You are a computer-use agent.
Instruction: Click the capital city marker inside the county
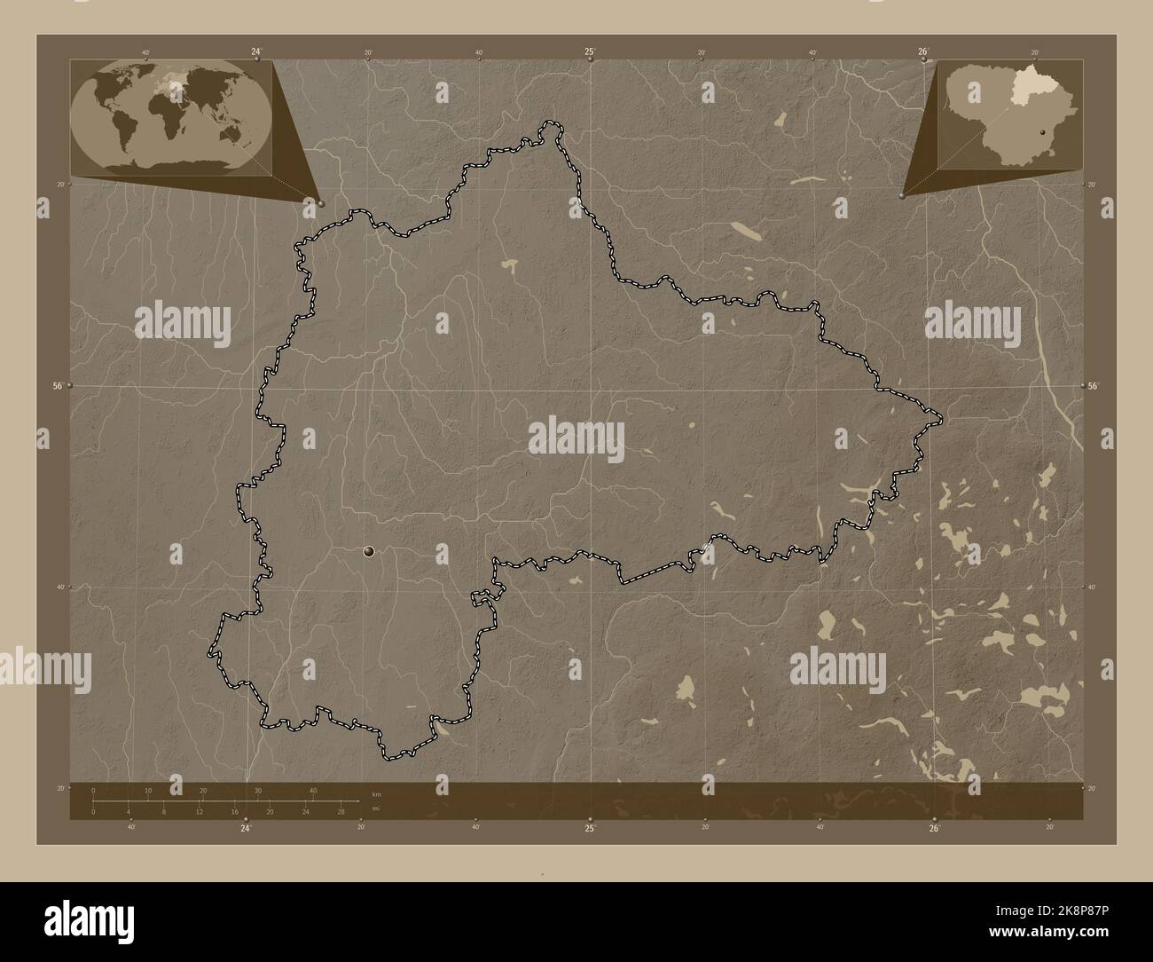[369, 552]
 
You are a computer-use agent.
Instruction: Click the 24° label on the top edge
[256, 51]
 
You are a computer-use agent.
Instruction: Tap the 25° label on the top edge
[590, 51]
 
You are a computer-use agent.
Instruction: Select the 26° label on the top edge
[923, 51]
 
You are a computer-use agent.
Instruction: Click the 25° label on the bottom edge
[590, 828]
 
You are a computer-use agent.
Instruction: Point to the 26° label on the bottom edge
[934, 828]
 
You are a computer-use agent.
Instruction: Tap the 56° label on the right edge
[1094, 386]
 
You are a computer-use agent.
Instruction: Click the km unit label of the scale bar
[376, 793]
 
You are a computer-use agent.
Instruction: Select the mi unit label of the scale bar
[376, 808]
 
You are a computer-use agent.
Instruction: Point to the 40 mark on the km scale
[313, 791]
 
